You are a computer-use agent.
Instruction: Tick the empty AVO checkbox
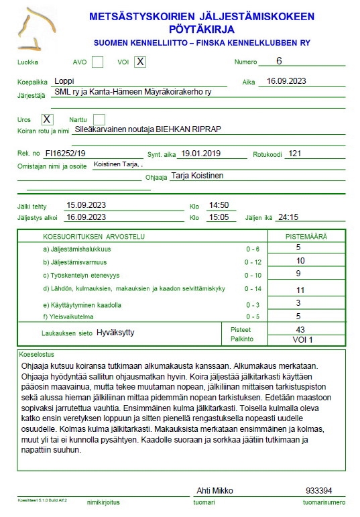coord(97,62)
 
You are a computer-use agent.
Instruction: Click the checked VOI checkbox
coord(139,62)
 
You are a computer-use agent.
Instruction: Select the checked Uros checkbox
coord(47,119)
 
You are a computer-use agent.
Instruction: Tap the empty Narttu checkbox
coord(99,119)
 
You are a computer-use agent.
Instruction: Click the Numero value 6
coord(279,61)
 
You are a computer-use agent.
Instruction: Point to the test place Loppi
coord(65,81)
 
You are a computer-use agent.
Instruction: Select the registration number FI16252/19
coord(66,153)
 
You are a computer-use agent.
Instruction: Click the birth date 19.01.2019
coord(201,153)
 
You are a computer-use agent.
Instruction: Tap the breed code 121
coord(293,153)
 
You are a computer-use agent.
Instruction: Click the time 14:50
coord(219,205)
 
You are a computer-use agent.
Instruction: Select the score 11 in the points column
coord(300,290)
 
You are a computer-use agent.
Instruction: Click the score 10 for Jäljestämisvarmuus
coord(300,260)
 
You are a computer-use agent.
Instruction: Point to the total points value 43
coord(300,329)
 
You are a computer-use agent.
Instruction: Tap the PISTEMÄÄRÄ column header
coord(306,236)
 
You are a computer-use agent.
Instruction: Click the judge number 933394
coord(319,491)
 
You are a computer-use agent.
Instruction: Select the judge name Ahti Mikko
coord(215,491)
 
